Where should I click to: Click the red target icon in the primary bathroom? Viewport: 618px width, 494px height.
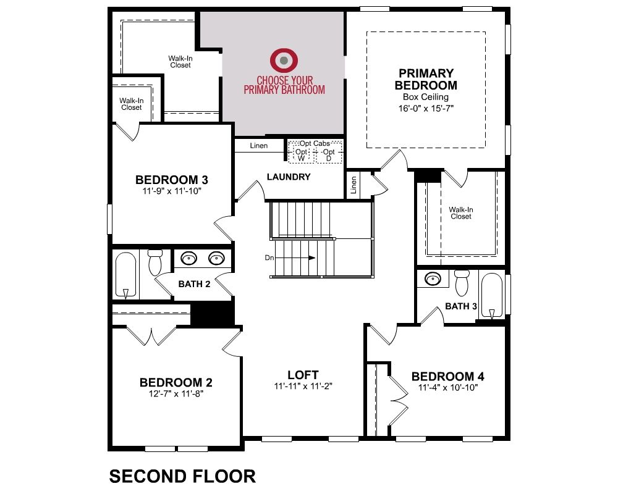284,61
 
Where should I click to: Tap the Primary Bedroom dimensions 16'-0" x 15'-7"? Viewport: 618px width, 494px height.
426,108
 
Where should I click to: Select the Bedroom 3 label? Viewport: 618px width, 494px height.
171,180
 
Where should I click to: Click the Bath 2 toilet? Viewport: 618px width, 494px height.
155,262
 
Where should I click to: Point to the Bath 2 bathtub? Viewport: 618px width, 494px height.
125,275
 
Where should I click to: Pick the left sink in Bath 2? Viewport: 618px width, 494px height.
188,259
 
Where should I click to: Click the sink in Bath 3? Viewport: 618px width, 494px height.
433,279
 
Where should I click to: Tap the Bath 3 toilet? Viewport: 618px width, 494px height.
462,283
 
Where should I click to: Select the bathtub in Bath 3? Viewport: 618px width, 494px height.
491,295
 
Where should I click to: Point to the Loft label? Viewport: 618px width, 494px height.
303,375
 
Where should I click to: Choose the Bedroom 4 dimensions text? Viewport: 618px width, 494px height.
447,388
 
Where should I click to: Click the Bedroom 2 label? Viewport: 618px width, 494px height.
176,382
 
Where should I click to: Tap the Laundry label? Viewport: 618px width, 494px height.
289,177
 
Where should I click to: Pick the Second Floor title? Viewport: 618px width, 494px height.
182,476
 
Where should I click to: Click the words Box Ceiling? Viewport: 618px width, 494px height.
426,97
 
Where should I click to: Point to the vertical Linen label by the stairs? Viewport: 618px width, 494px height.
353,185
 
